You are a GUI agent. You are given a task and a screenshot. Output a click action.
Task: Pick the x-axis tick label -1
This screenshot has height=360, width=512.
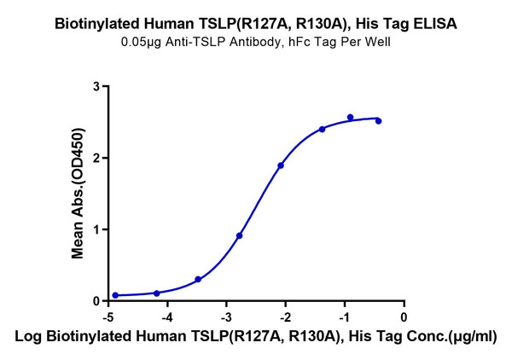343,314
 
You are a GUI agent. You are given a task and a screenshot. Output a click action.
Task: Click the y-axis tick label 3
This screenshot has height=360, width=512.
96,86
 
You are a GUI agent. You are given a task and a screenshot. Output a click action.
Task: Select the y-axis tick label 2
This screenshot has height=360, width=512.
96,158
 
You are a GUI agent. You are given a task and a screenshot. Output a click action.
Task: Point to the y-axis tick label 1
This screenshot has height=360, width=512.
96,229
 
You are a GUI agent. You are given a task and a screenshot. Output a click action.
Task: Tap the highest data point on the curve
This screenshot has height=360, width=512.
351,117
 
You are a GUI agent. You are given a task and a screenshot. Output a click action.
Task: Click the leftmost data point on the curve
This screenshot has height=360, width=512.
115,295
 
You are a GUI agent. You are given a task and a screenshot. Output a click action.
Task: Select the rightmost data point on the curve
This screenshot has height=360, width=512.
378,121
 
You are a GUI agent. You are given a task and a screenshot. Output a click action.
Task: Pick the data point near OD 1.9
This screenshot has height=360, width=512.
281,165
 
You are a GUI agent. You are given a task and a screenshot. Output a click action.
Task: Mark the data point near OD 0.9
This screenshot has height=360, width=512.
240,235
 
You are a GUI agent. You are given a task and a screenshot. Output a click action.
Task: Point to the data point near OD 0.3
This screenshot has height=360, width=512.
198,279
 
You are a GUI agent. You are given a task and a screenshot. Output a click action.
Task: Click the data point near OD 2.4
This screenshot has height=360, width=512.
322,129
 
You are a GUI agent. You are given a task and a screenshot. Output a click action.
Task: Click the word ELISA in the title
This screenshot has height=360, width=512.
436,24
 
